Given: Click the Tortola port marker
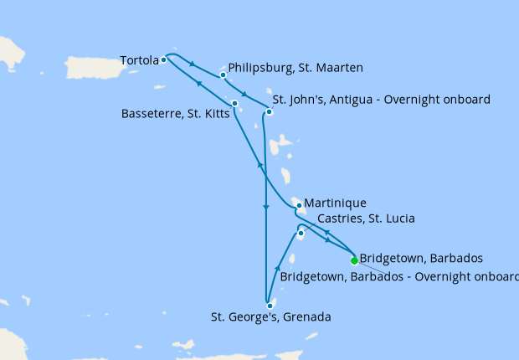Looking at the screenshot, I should [164, 59].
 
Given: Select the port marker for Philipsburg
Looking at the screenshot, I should [223, 75].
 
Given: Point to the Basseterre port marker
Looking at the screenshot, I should [235, 104].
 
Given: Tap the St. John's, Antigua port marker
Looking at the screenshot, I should [269, 111].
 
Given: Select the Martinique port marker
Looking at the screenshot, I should [298, 205].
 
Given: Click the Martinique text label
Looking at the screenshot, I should [336, 203].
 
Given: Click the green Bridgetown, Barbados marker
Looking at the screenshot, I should [354, 260].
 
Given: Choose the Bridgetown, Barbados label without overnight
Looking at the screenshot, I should [420, 258].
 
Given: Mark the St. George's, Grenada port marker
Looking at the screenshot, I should [270, 306].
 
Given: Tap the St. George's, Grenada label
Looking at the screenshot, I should [270, 317].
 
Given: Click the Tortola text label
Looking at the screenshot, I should [138, 60].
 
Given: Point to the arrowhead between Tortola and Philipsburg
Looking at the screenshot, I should [194, 64].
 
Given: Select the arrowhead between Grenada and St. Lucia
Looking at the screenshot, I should [277, 267].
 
